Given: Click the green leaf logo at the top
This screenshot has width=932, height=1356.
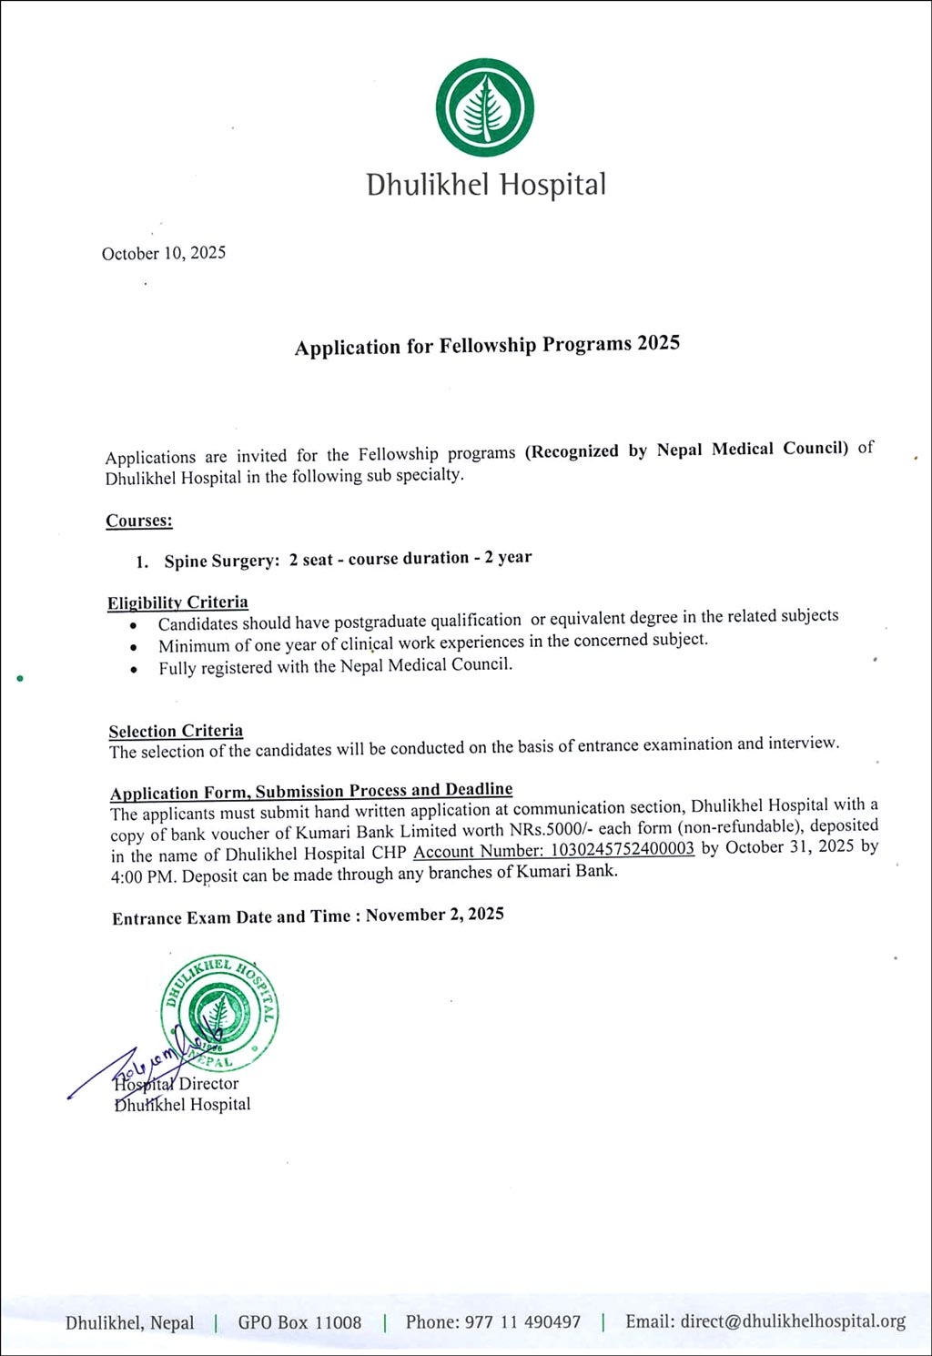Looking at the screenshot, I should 484,107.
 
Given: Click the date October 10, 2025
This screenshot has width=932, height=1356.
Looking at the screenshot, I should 164,253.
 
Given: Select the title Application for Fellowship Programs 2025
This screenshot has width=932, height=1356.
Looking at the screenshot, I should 487,345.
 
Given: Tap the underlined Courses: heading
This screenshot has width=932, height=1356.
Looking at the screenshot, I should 139,521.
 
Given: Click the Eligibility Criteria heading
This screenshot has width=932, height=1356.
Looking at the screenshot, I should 177,602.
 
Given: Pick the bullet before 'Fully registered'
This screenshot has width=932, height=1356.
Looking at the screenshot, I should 134,669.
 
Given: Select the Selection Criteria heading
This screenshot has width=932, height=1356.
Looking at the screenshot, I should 176,731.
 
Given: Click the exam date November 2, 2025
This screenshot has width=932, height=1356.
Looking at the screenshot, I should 434,915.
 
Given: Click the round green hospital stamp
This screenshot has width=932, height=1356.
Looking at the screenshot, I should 220,1011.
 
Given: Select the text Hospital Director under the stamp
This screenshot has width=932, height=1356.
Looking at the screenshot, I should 177,1084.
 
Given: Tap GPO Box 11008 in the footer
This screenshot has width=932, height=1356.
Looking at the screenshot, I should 299,1322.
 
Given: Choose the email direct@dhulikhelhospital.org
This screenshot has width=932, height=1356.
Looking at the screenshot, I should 792,1321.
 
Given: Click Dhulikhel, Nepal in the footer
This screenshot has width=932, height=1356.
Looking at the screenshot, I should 129,1323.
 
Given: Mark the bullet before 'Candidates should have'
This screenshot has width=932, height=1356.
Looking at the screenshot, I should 134,625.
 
